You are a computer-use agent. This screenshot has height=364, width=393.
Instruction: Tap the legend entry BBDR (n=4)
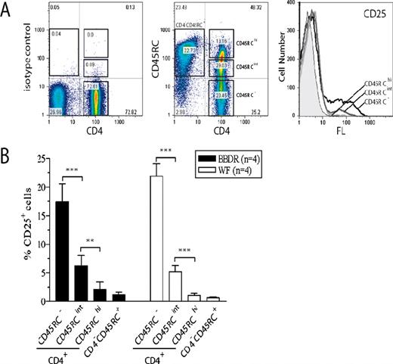239,157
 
